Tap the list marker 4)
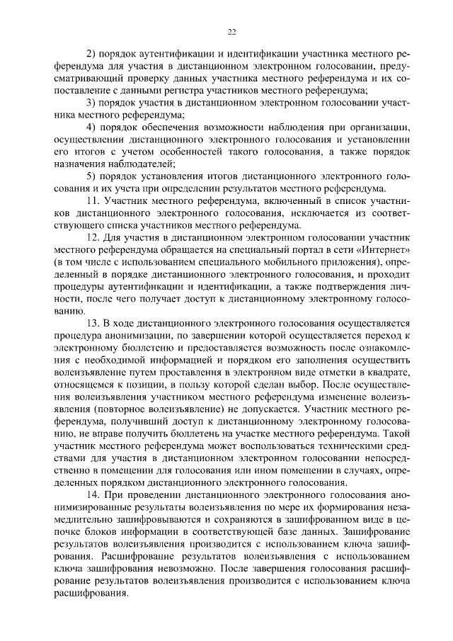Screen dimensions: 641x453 point(91,127)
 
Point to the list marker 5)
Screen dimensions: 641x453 point(91,176)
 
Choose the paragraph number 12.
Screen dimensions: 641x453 point(92,237)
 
